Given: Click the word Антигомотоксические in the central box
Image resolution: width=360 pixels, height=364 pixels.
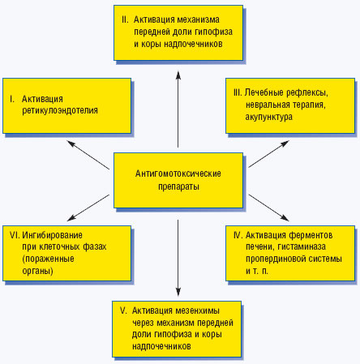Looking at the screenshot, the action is (x=178, y=173).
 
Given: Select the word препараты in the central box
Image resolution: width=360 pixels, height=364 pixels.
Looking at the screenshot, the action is (x=178, y=186).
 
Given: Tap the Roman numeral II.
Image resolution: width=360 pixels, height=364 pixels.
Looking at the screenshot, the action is (x=125, y=19).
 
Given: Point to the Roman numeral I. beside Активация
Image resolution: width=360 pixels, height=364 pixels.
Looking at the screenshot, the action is (x=12, y=99).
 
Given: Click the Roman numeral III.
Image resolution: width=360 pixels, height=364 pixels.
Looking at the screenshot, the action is (x=238, y=92).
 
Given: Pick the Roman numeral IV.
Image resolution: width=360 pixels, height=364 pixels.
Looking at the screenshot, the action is (x=238, y=235).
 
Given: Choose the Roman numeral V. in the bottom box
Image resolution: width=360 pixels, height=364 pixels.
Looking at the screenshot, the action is (x=123, y=310).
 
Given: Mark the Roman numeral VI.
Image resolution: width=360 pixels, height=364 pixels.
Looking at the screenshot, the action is (x=15, y=235).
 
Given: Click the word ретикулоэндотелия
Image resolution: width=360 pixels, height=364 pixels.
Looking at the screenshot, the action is (x=60, y=111).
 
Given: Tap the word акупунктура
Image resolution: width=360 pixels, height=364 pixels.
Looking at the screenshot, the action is (x=268, y=118).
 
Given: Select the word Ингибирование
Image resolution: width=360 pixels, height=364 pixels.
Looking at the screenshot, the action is (x=52, y=235).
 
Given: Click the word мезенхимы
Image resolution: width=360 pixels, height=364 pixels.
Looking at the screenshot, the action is (x=197, y=310).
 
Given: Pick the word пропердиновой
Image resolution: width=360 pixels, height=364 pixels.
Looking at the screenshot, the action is (x=272, y=259).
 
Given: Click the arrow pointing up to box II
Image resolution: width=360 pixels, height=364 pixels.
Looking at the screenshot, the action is (x=178, y=109).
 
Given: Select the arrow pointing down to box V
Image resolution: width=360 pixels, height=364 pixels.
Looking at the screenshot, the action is (x=178, y=258).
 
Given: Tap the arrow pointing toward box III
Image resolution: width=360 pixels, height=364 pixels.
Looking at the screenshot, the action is (x=268, y=154).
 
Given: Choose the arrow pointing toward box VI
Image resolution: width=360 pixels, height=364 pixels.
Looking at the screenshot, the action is (x=88, y=208).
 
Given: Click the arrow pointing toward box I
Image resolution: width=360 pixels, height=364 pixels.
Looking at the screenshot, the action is (x=88, y=155).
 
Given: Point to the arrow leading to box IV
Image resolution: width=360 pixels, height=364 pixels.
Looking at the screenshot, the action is (x=268, y=208).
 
